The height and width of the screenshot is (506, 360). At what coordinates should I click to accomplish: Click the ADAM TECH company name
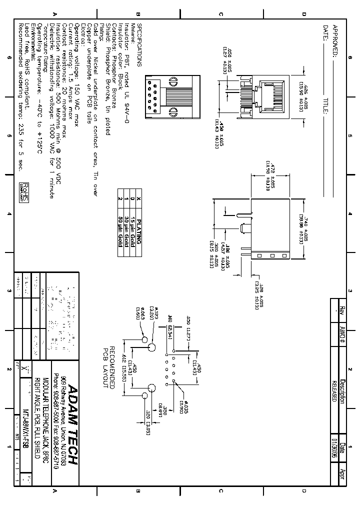click(x=72, y=425)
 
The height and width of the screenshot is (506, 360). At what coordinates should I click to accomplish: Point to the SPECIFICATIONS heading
click(x=140, y=45)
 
